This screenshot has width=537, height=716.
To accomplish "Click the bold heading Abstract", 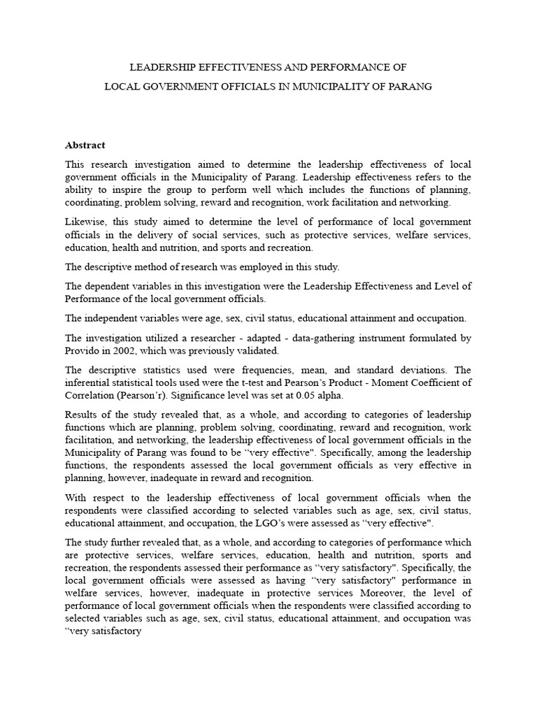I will [x=85, y=145].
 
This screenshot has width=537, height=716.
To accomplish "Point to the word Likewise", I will [x=85, y=222].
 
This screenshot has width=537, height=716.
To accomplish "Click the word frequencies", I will [x=248, y=370].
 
